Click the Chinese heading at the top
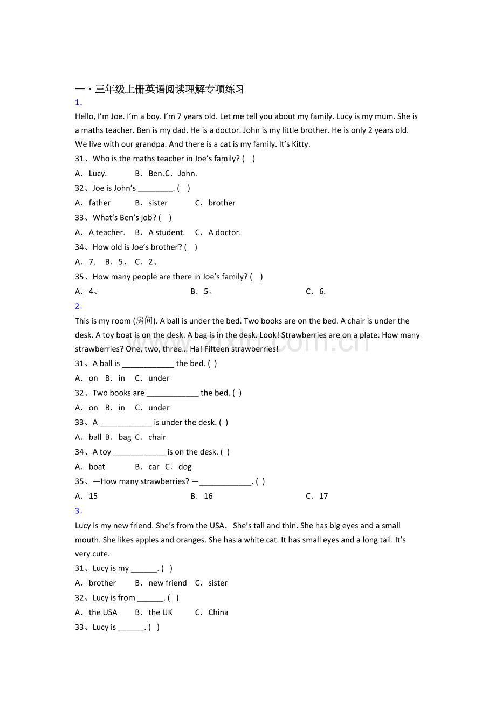tap(159, 90)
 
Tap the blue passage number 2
tap(78, 306)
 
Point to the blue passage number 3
tap(78, 511)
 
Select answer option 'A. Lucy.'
tap(91, 174)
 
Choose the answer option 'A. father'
tap(93, 203)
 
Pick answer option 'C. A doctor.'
tap(218, 233)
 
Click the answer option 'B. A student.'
tap(160, 233)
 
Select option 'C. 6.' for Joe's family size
tap(315, 292)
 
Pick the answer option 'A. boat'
tap(91, 467)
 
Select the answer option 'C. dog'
tap(178, 467)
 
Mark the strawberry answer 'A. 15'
tap(86, 497)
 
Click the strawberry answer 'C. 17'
tap(317, 497)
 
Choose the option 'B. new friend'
tap(161, 583)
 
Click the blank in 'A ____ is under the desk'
tap(126, 423)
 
